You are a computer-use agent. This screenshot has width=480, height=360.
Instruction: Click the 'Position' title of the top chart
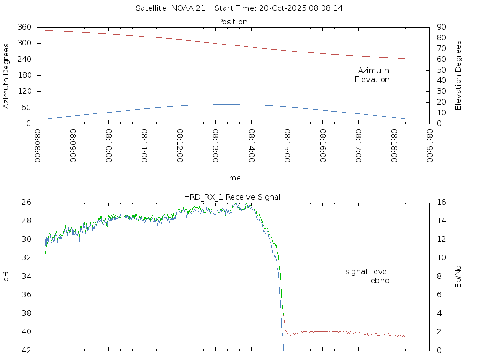click(x=232, y=22)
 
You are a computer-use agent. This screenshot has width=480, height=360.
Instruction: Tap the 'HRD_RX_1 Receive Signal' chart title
click(x=232, y=197)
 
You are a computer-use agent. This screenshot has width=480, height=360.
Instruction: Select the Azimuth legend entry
click(x=374, y=70)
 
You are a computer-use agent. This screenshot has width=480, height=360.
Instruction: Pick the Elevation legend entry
click(x=372, y=80)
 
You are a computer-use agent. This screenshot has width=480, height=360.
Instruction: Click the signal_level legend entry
click(x=367, y=271)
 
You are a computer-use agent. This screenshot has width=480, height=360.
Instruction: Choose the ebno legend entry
click(x=380, y=280)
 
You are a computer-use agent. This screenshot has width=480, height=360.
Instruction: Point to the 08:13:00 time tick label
click(x=216, y=146)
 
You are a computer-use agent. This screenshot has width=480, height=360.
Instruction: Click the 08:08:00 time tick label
click(x=37, y=146)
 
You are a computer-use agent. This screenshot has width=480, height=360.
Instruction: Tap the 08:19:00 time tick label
click(x=429, y=146)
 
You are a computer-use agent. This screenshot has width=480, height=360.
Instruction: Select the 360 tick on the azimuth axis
click(x=25, y=27)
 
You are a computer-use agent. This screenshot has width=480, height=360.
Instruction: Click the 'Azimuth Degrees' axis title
click(x=6, y=75)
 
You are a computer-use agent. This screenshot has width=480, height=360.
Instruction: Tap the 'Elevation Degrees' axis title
click(x=458, y=75)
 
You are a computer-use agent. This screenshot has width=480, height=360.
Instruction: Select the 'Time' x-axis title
click(x=232, y=178)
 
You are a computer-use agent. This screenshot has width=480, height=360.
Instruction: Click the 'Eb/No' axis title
click(x=458, y=277)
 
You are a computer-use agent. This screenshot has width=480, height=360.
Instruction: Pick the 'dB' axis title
click(x=6, y=277)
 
